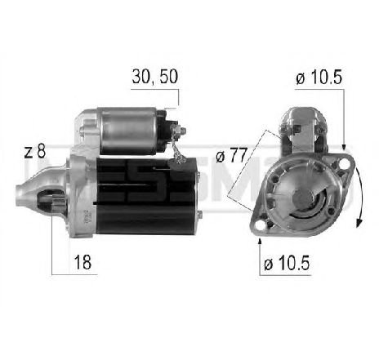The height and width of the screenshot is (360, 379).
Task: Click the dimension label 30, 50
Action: pyautogui.click(x=154, y=78)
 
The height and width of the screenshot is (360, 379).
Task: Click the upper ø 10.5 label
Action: pyautogui.click(x=317, y=78)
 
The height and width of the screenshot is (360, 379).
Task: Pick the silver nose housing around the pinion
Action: pyautogui.click(x=69, y=188)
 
